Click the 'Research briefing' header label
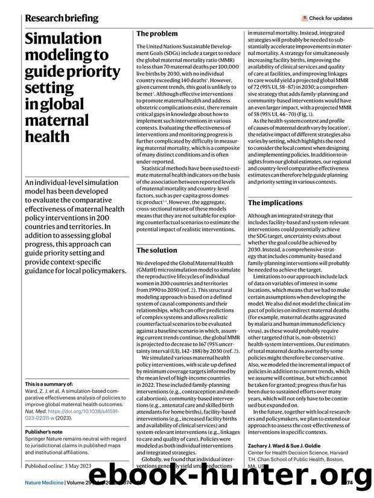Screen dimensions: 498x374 [x=62, y=18]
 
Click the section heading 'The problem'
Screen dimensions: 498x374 [x=156, y=34]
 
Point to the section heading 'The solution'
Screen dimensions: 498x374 [x=156, y=250]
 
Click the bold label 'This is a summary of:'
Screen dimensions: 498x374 [x=50, y=384]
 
